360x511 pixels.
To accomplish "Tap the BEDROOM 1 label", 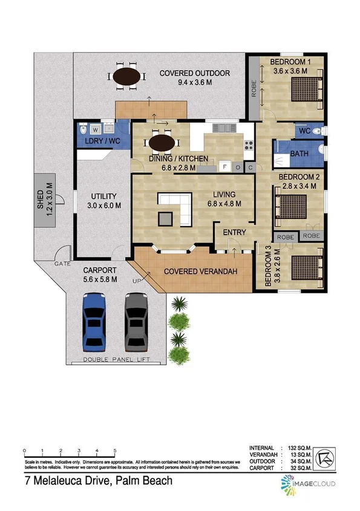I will coord(290,62).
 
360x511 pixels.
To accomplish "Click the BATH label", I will coord(299,154).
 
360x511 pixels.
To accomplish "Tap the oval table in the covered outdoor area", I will coord(127,76).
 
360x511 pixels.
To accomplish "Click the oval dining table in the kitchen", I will coord(163,143).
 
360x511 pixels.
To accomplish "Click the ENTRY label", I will coord(235,232).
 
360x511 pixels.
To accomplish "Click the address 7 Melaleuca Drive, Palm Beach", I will coord(99,481).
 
